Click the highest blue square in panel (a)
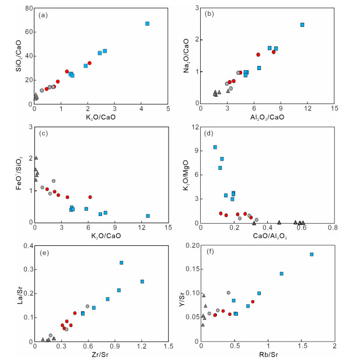[148, 24]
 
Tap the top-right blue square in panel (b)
[302, 25]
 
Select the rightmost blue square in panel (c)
[148, 216]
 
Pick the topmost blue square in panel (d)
[215, 147]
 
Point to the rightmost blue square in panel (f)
[312, 255]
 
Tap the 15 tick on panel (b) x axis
[334, 109]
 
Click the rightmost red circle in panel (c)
[90, 197]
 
